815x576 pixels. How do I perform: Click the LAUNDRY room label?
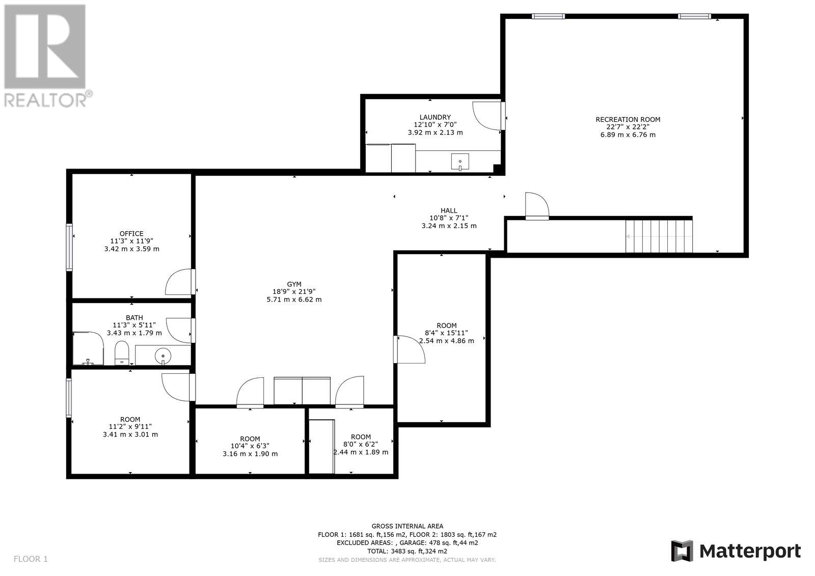pyautogui.click(x=435, y=117)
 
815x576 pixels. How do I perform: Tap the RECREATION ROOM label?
pyautogui.click(x=628, y=119)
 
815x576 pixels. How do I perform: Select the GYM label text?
pyautogui.click(x=294, y=284)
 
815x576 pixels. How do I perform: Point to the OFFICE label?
pyautogui.click(x=131, y=234)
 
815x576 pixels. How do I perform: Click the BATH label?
pyautogui.click(x=134, y=318)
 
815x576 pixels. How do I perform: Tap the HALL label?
pyautogui.click(x=449, y=211)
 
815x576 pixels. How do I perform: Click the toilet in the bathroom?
pyautogui.click(x=122, y=352)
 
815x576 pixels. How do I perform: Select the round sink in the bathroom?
pyautogui.click(x=162, y=355)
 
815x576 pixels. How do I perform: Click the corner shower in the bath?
pyautogui.click(x=88, y=348)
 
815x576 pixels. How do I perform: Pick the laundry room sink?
pyautogui.click(x=460, y=161)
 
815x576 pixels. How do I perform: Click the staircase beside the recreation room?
pyautogui.click(x=659, y=236)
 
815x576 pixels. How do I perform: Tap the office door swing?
pyautogui.click(x=178, y=282)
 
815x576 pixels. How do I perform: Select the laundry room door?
pyautogui.click(x=488, y=116)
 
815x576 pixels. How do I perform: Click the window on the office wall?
pyautogui.click(x=69, y=248)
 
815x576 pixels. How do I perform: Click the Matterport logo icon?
pyautogui.click(x=682, y=551)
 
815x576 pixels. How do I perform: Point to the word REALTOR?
pyautogui.click(x=45, y=100)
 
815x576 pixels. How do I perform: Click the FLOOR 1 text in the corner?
pyautogui.click(x=31, y=559)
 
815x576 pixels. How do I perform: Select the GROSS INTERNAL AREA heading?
pyautogui.click(x=407, y=526)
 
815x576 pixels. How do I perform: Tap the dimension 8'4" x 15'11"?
pyautogui.click(x=446, y=333)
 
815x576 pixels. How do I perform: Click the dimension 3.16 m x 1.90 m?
pyautogui.click(x=250, y=454)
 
